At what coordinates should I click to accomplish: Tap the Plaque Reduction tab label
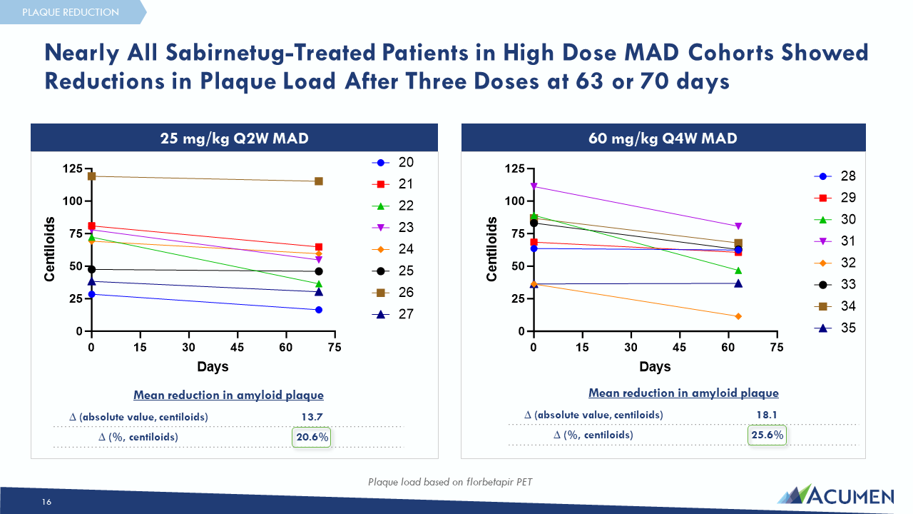point(71,12)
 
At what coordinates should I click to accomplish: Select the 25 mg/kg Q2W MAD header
point(234,138)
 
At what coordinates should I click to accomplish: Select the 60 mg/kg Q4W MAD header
point(663,138)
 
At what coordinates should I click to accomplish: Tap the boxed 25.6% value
point(767,435)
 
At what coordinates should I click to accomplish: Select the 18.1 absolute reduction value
point(767,415)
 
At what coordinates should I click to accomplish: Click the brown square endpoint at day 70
point(319,181)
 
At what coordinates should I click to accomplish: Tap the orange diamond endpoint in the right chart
point(738,316)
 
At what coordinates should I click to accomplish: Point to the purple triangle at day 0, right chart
point(534,186)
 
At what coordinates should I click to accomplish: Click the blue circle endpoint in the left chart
point(319,310)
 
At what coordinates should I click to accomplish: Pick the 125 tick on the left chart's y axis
point(72,168)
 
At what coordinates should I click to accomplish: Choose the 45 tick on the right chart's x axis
point(680,348)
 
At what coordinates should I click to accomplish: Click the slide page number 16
point(46,503)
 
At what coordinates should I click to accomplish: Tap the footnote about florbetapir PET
point(449,482)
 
